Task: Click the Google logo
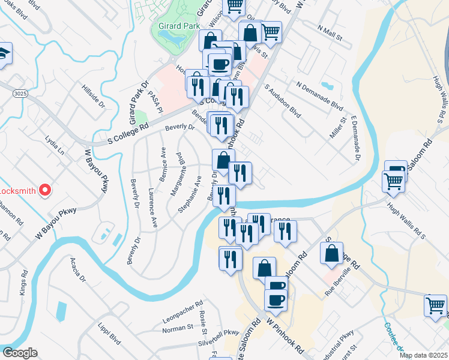(20, 353)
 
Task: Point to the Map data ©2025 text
(423, 355)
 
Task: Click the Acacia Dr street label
(78, 271)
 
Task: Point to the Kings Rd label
(23, 281)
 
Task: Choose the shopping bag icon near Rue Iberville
(332, 253)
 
